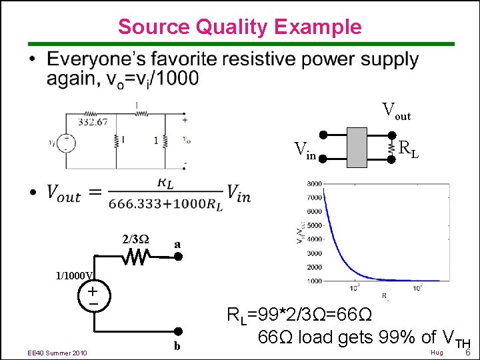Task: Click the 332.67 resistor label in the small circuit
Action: (93, 122)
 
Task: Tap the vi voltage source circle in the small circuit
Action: (68, 143)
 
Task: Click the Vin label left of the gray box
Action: (305, 151)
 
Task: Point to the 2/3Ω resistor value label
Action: (135, 239)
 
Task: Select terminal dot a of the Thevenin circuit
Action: (178, 256)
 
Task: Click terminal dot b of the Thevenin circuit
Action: (178, 331)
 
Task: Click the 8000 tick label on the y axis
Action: (314, 183)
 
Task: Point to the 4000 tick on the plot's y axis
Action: (314, 239)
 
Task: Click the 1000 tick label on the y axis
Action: (314, 281)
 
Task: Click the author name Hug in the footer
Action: (437, 352)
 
